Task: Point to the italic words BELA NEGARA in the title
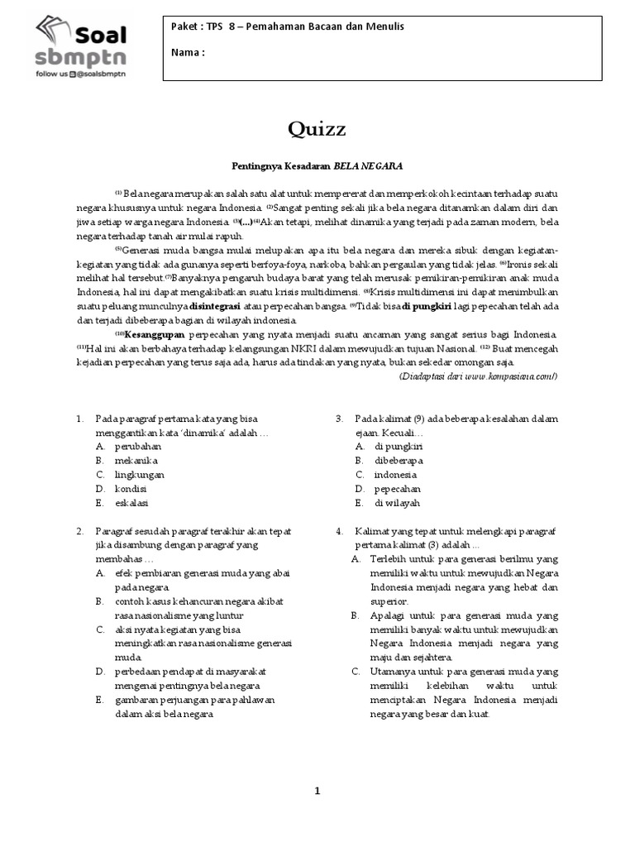coord(368,166)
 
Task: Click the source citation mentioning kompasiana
coord(479,376)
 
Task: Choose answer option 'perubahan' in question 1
coord(138,446)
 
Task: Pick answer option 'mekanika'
coord(136,460)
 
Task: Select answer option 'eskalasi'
coord(133,502)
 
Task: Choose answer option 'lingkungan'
coord(140,474)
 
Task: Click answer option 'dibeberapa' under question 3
coord(399,460)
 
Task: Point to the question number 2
coord(79,530)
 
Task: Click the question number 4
coord(339,530)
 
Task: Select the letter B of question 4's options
coord(355,615)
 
